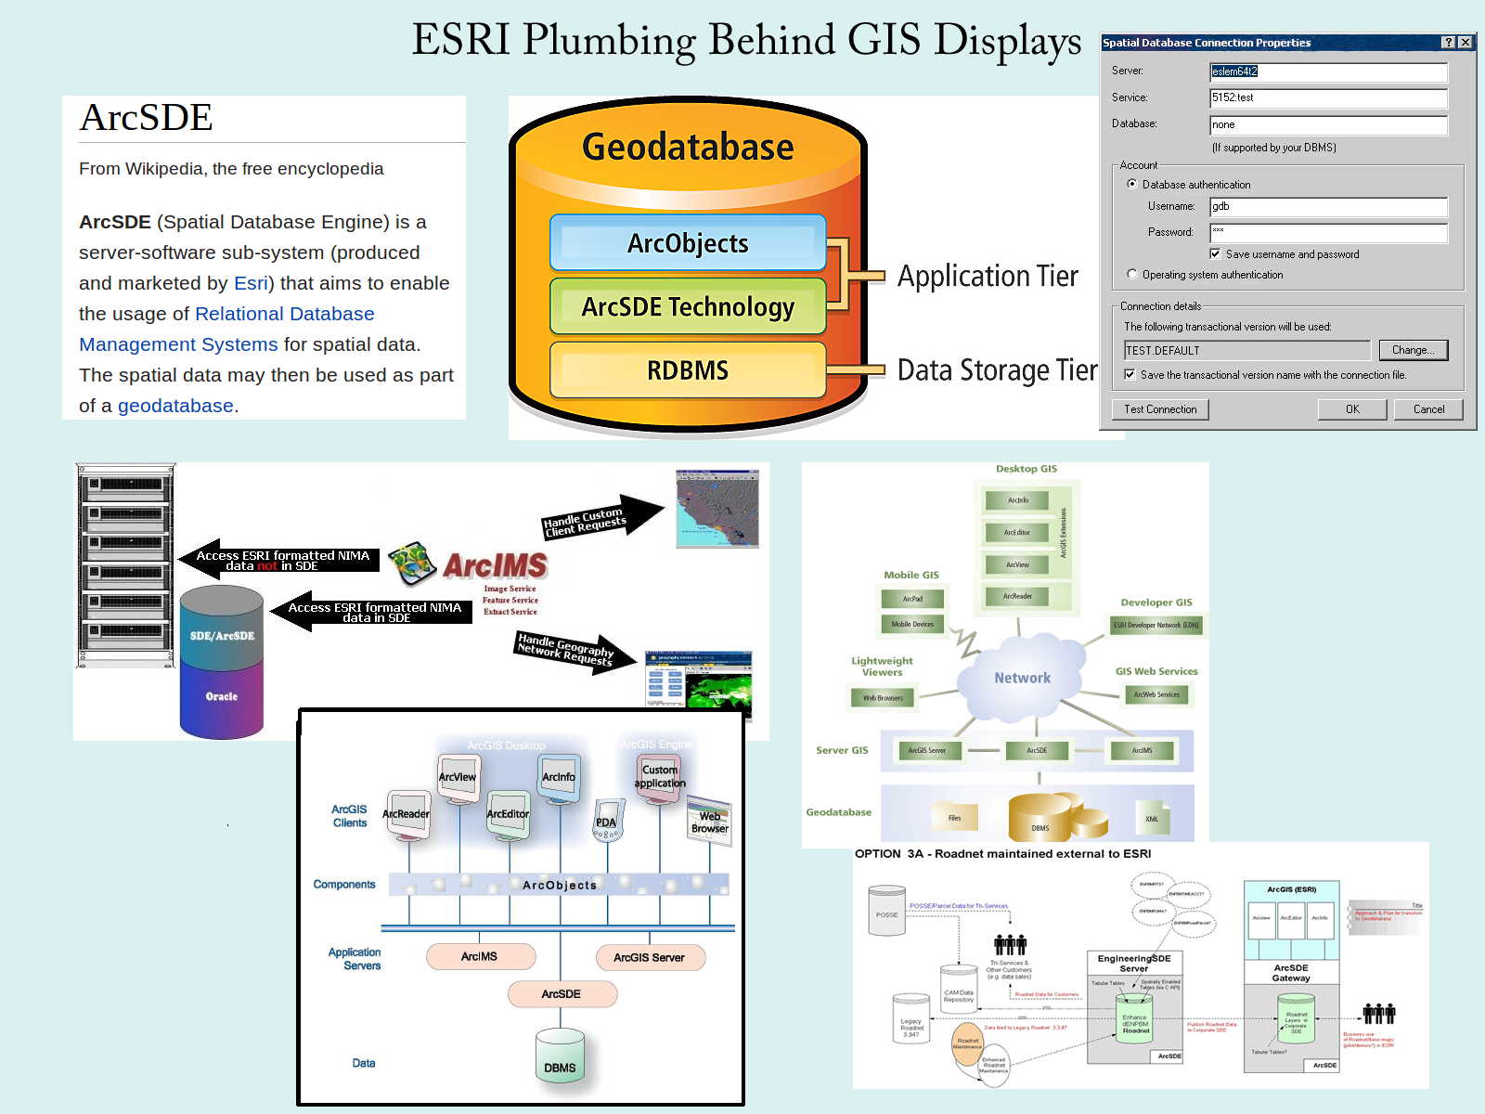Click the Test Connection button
tap(1160, 409)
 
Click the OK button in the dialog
tap(1352, 409)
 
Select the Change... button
tap(1413, 350)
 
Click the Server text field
tap(1328, 71)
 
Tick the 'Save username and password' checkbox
tap(1215, 253)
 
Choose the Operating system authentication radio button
tap(1131, 274)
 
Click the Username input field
tap(1328, 206)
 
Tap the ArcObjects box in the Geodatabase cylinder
tap(688, 243)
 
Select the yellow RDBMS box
tap(688, 370)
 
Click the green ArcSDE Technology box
tap(688, 306)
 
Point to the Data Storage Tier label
tap(997, 370)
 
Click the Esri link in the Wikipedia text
tap(251, 283)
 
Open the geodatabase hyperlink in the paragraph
tap(175, 406)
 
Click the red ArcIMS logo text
tap(495, 565)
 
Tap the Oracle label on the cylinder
tap(222, 696)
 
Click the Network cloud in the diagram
tap(1023, 678)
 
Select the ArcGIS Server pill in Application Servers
tap(649, 957)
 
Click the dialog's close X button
tap(1465, 43)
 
